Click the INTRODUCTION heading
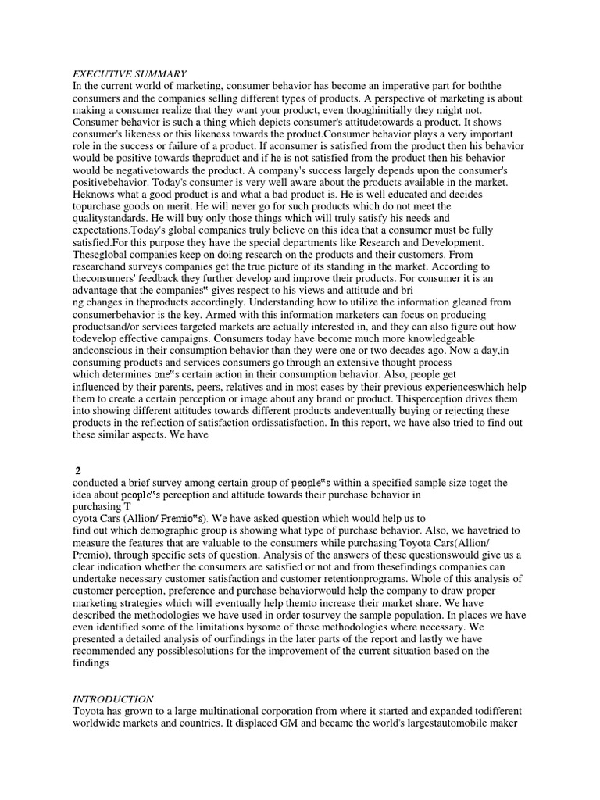tap(113, 698)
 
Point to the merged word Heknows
tap(95, 182)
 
